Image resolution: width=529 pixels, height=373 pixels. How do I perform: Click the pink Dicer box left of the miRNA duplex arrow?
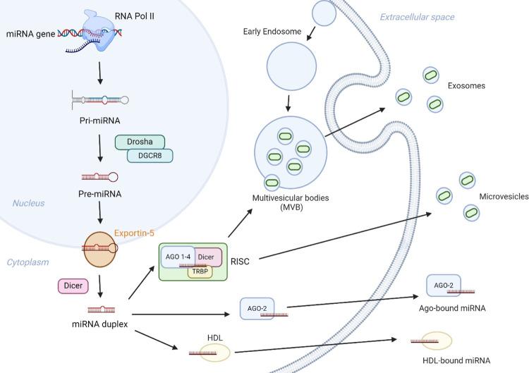point(73,286)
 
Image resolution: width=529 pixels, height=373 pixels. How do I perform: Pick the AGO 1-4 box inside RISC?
point(176,256)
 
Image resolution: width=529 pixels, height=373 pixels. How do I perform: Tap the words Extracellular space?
point(417,17)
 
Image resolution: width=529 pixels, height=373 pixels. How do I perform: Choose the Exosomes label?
point(467,85)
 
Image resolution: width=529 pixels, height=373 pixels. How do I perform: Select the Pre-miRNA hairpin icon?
point(99,177)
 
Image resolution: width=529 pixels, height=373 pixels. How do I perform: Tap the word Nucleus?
point(28,203)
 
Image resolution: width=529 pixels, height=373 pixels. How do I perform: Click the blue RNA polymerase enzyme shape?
point(99,30)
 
